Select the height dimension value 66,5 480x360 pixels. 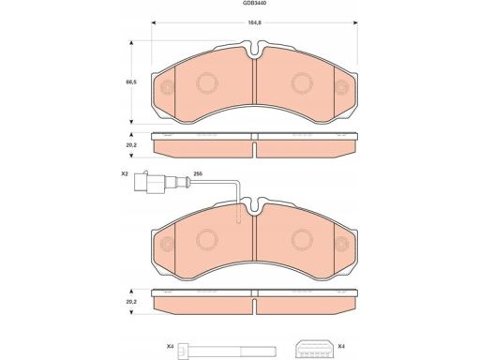pyautogui.click(x=131, y=82)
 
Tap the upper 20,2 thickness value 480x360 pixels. pyautogui.click(x=131, y=145)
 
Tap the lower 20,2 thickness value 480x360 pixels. pyautogui.click(x=131, y=302)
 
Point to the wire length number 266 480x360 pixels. pyautogui.click(x=198, y=173)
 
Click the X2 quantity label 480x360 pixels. pyautogui.click(x=125, y=173)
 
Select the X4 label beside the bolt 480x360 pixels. pyautogui.click(x=170, y=346)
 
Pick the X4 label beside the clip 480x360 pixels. pyautogui.click(x=341, y=346)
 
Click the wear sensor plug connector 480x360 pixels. pyautogui.click(x=148, y=182)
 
